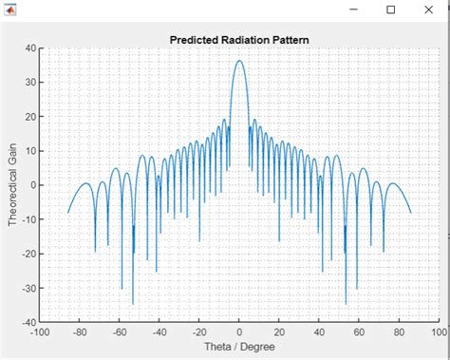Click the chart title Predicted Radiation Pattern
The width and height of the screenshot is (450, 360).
pos(239,40)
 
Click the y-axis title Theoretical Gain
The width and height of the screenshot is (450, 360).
pos(12,185)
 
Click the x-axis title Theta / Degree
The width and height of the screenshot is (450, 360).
pos(239,347)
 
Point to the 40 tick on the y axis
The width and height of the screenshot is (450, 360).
pos(30,48)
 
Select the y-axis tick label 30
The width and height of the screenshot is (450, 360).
pos(30,83)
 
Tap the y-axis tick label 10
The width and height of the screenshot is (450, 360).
pos(30,151)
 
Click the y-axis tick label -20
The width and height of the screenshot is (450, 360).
pos(28,254)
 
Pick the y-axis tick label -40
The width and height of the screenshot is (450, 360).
pos(28,322)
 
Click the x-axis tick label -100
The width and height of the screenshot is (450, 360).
pos(39,332)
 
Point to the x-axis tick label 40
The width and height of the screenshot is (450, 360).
pos(319,332)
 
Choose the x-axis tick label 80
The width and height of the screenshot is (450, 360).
pos(399,332)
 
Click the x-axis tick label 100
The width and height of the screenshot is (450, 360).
pos(438,332)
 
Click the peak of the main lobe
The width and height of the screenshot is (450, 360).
pos(239,61)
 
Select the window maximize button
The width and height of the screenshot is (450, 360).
pos(390,9)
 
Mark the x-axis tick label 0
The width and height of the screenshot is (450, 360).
pos(239,332)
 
